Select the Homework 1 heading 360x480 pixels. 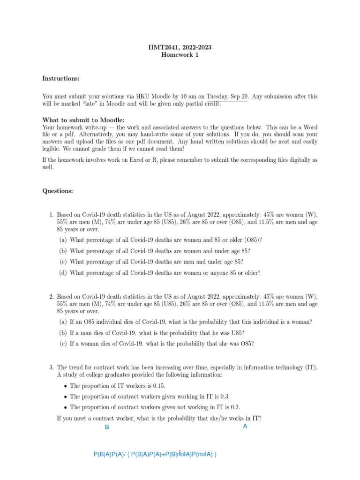tap(180, 55)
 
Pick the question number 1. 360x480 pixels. tap(52, 215)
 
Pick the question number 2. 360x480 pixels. tap(52, 297)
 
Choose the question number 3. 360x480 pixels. tap(52, 367)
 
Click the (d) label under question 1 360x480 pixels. tap(63, 273)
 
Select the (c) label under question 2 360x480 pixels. tap(63, 344)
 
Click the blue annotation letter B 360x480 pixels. tap(107, 427)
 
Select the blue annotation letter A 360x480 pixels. tap(245, 427)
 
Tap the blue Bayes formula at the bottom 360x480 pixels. tap(155, 454)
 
